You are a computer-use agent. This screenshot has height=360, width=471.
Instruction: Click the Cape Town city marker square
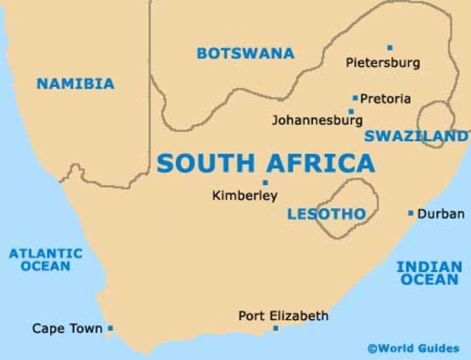tap(110, 328)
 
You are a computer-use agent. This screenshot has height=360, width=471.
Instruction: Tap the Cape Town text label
tap(67, 328)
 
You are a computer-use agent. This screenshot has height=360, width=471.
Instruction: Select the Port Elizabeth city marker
tap(275, 328)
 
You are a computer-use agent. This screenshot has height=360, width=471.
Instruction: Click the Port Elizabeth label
tap(283, 316)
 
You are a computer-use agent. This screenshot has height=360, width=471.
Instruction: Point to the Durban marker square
tap(410, 213)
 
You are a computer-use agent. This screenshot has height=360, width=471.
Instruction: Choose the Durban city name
tap(440, 214)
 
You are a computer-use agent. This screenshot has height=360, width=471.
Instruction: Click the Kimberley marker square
tap(265, 182)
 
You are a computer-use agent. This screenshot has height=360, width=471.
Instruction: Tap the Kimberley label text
tap(244, 196)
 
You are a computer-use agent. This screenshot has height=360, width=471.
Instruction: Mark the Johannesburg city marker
tap(350, 111)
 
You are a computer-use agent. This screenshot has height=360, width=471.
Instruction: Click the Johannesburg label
tap(316, 120)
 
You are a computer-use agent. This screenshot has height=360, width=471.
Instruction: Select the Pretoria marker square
tap(355, 97)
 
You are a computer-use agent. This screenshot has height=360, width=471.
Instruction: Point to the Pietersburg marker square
tap(389, 47)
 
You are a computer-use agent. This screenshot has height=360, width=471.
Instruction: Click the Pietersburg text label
tap(382, 63)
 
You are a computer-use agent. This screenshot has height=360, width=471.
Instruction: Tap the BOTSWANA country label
tap(245, 53)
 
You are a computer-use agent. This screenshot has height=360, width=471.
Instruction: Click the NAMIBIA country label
tap(75, 84)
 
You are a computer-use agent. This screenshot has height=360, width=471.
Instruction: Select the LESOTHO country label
tap(326, 214)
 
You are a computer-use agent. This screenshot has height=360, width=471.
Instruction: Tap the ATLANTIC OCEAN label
tap(46, 259)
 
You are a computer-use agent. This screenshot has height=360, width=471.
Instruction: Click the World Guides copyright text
tap(413, 348)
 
